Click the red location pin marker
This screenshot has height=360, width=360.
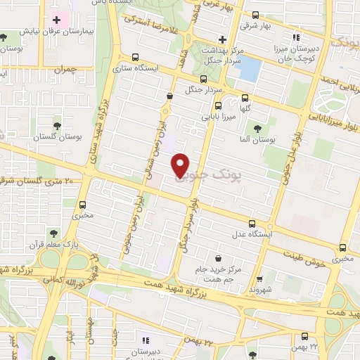pos(181,164)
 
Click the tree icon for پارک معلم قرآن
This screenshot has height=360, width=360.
pos(51,233)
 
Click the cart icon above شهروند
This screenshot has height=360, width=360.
pos(260,279)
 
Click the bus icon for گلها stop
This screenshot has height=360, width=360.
pos(245,98)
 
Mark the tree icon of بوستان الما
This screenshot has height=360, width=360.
pos(257,129)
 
